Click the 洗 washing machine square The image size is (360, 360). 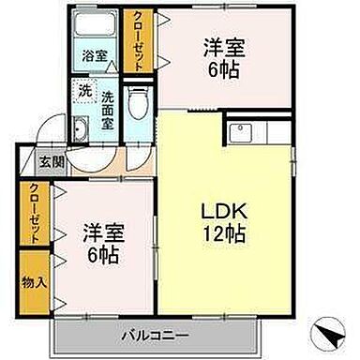[x=85, y=93]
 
